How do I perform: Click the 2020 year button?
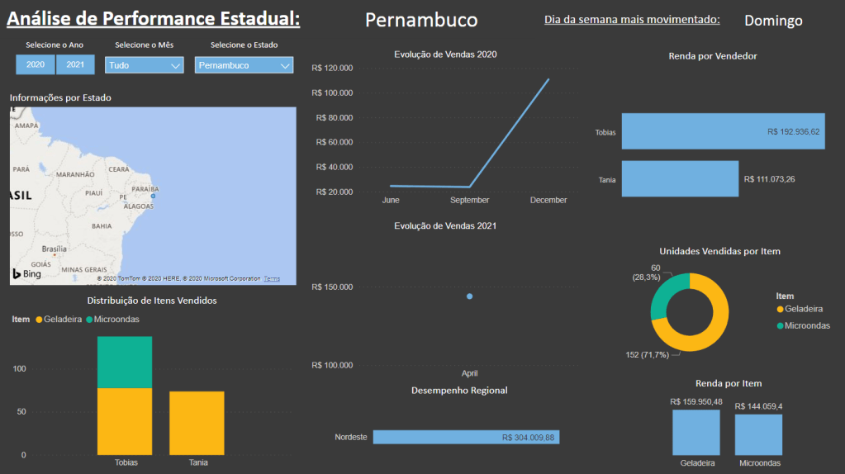[x=36, y=64]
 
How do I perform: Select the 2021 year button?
[x=75, y=64]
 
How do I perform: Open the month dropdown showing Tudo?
[x=145, y=65]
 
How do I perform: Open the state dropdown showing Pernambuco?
[x=244, y=65]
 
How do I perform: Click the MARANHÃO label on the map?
[x=74, y=175]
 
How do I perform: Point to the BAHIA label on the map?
[x=102, y=225]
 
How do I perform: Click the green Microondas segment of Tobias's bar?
[x=125, y=362]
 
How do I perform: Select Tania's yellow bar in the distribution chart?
[x=197, y=422]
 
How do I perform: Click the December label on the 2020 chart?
[x=548, y=200]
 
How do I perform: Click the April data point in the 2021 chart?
[x=470, y=296]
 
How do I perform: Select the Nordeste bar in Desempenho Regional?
[x=466, y=437]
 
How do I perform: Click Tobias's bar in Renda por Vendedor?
[x=723, y=131]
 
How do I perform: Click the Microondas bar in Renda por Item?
[x=758, y=434]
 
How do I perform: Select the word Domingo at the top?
[x=773, y=21]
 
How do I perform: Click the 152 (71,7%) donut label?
[x=648, y=355]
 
